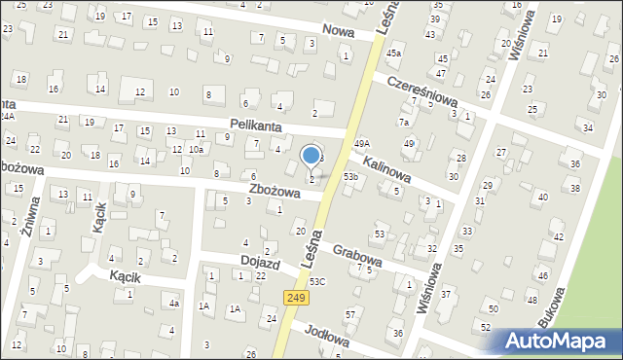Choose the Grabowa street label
tap(355, 253)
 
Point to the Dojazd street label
tap(261, 261)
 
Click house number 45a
tap(393, 53)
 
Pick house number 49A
tap(361, 144)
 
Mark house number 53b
tap(350, 177)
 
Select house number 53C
tap(317, 282)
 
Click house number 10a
tap(196, 150)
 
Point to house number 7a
tap(403, 123)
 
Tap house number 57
tap(349, 315)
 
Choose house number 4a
tap(173, 304)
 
